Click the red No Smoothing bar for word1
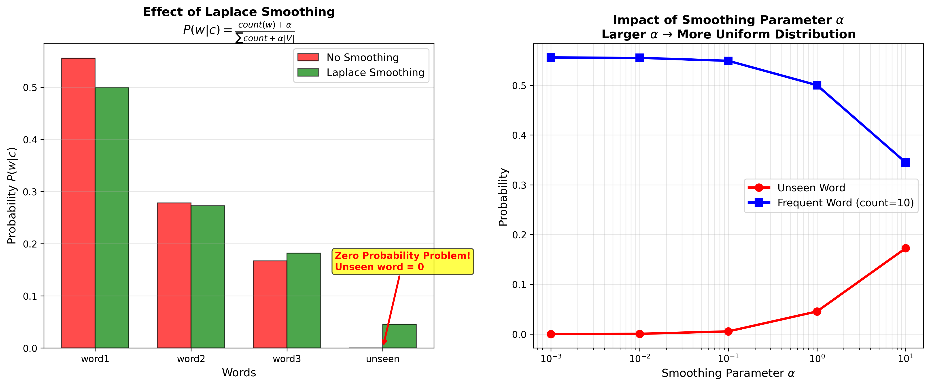tap(78, 203)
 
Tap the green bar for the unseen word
tap(399, 336)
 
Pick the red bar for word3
tap(270, 304)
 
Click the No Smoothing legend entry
tap(362, 58)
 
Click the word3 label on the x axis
tap(287, 359)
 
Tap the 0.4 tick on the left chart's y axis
tap(30, 140)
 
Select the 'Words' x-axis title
tap(239, 373)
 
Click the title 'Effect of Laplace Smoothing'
tap(239, 12)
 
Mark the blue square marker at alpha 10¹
tap(905, 162)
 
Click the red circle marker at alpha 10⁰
tap(817, 311)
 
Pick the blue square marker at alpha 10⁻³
tap(551, 58)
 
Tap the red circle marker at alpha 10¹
tap(905, 248)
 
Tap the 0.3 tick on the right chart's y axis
tap(519, 185)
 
